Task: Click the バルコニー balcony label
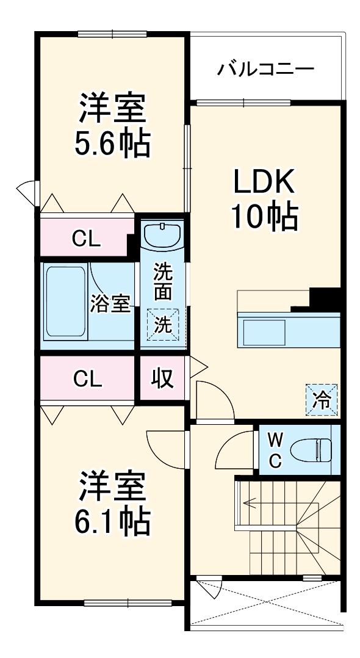point(266,68)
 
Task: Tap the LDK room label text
point(265,181)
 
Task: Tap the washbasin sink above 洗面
point(162,236)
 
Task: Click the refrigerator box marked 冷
point(321,400)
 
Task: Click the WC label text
point(275,449)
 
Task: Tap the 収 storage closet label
point(162,378)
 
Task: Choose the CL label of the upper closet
point(86,239)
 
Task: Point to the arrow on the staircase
point(250,504)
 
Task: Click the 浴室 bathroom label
point(111,303)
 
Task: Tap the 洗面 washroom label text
point(162,281)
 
